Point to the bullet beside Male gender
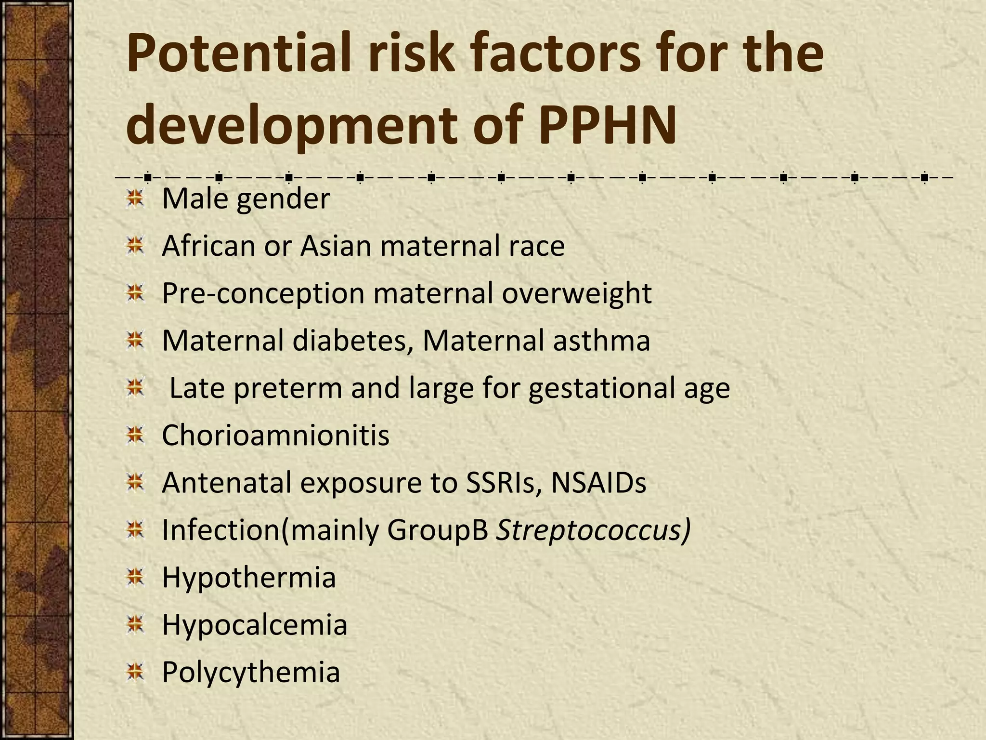[x=136, y=199]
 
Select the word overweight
[x=576, y=293]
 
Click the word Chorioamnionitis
[x=275, y=435]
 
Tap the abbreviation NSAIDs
[x=598, y=482]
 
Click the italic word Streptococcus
[x=593, y=530]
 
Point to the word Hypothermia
[x=248, y=577]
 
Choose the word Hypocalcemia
[x=254, y=624]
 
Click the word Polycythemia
[x=251, y=672]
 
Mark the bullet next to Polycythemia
[x=136, y=672]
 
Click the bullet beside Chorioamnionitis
[x=136, y=435]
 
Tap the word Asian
[x=336, y=246]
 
